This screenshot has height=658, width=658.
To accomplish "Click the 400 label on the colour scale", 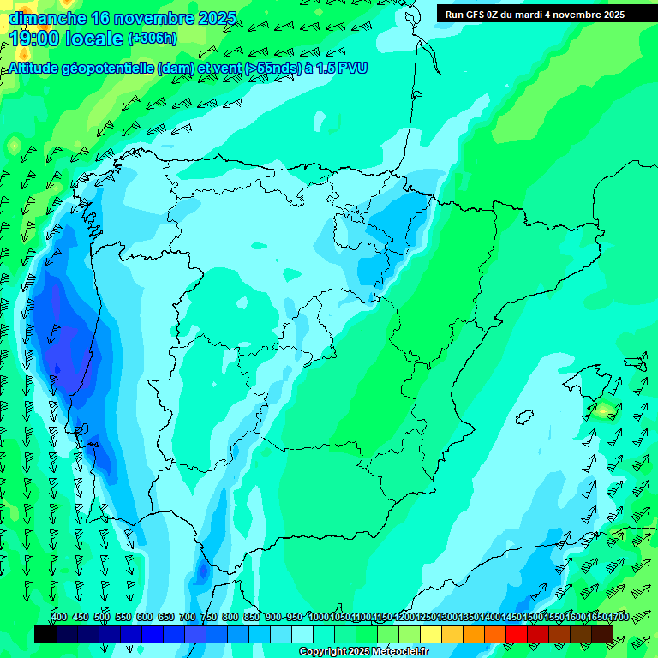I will click(59, 617).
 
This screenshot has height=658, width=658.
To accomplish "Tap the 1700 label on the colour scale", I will click(596, 617).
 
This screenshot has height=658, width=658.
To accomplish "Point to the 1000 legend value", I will click(319, 617).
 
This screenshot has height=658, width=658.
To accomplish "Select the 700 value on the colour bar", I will click(188, 617).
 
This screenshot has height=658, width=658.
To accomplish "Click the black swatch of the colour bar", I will click(45, 634).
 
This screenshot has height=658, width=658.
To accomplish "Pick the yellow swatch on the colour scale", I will click(431, 634).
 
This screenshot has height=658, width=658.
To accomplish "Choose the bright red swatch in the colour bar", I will click(517, 634).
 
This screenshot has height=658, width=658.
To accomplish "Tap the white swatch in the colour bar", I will click(302, 634).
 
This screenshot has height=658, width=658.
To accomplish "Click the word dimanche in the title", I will click(47, 17).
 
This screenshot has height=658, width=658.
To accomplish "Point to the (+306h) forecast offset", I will click(153, 39).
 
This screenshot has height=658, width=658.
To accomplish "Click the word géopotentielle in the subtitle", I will click(109, 67).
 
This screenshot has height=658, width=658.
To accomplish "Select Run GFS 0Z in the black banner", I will click(475, 15).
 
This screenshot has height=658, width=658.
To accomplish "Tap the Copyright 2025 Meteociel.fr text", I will click(363, 652).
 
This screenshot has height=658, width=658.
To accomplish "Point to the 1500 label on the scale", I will click(532, 617).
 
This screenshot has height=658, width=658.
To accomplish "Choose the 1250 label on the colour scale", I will click(426, 617).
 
